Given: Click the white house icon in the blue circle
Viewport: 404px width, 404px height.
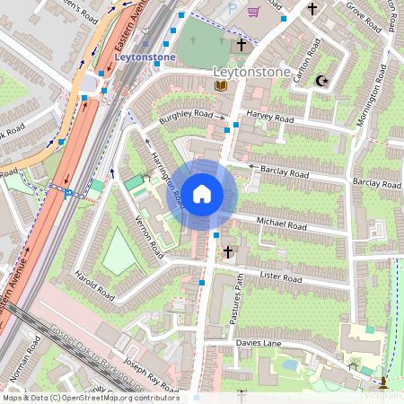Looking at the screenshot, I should click(202, 193).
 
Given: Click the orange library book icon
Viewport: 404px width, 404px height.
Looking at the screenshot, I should click(220, 85).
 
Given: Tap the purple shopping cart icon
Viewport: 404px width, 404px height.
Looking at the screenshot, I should click(254, 12).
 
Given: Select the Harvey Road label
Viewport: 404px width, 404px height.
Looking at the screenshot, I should click(270, 116).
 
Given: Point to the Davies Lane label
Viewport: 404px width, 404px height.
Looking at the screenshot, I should click(260, 343).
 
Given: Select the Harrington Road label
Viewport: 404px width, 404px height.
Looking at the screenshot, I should click(167, 174).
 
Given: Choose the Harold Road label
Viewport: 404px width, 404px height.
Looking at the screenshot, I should click(94, 284).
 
